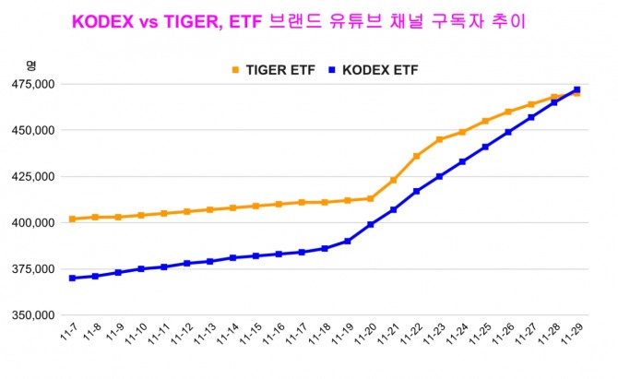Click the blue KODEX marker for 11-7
(x=72, y=278)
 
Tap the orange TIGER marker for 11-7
(x=72, y=219)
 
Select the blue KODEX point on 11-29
(x=576, y=89)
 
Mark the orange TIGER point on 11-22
(x=416, y=156)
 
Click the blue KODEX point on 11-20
(x=370, y=224)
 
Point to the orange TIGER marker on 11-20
(x=370, y=198)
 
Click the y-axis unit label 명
(x=30, y=65)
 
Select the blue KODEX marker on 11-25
(x=485, y=147)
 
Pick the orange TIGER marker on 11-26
(x=508, y=112)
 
